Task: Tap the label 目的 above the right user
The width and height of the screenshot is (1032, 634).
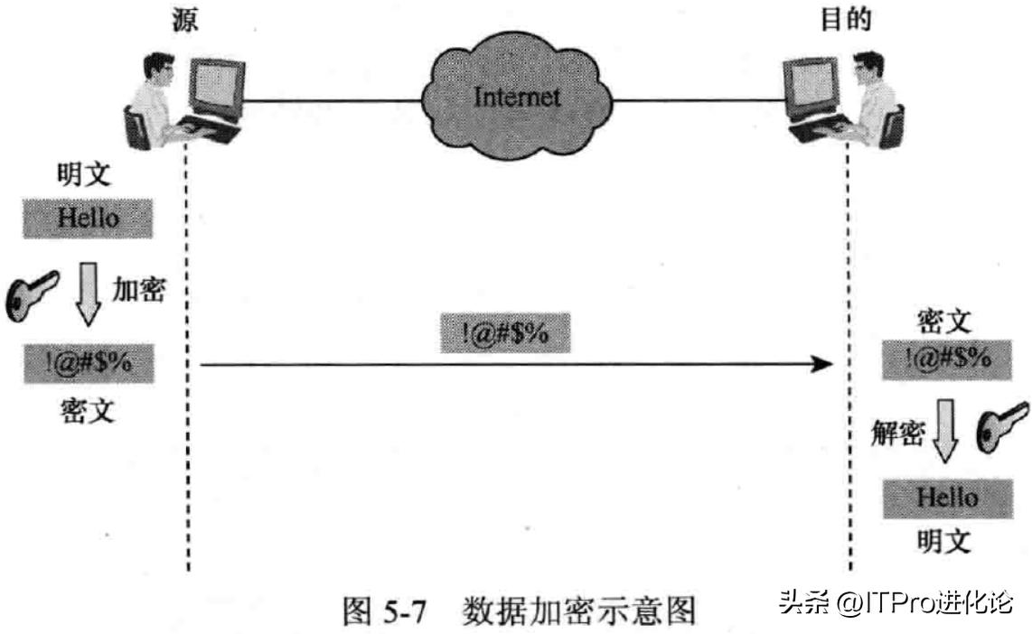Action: point(845,21)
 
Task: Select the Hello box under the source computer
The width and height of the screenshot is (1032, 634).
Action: point(87,218)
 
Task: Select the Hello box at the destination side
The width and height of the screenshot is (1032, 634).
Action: point(946,497)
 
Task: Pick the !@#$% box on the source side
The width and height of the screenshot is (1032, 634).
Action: point(87,366)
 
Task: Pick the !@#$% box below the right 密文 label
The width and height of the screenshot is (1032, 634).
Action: point(946,359)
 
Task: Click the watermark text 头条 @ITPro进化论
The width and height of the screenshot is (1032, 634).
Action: point(896,602)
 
